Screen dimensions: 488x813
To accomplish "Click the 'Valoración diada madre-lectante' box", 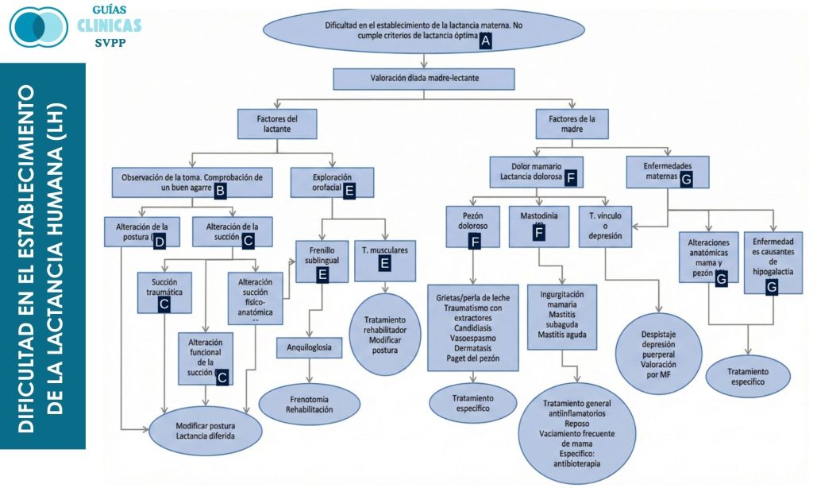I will (424, 79).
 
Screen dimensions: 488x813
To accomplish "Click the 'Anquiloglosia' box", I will (309, 347).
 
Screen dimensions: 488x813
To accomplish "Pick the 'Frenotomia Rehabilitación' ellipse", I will (309, 402).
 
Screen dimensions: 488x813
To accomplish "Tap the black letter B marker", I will (221, 190).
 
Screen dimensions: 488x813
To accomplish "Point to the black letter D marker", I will (158, 239).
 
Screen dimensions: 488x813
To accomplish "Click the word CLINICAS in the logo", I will (110, 25).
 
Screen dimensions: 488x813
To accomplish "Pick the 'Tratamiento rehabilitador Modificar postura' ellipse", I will (384, 334).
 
